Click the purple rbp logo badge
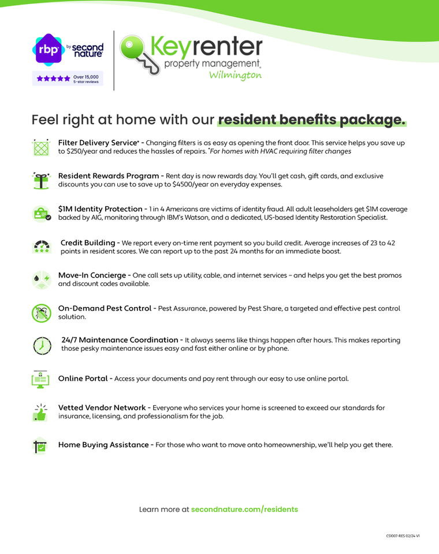[47, 50]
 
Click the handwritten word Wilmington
[235, 76]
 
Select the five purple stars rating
[53, 78]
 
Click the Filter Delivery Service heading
[98, 143]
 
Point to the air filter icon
[41, 147]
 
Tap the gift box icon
[41, 180]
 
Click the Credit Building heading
[88, 242]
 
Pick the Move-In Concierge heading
[92, 275]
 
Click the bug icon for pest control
[41, 313]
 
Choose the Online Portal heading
[83, 379]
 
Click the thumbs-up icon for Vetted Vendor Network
[41, 412]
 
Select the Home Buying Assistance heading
[104, 445]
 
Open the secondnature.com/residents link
[244, 510]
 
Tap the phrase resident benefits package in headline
[312, 120]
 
